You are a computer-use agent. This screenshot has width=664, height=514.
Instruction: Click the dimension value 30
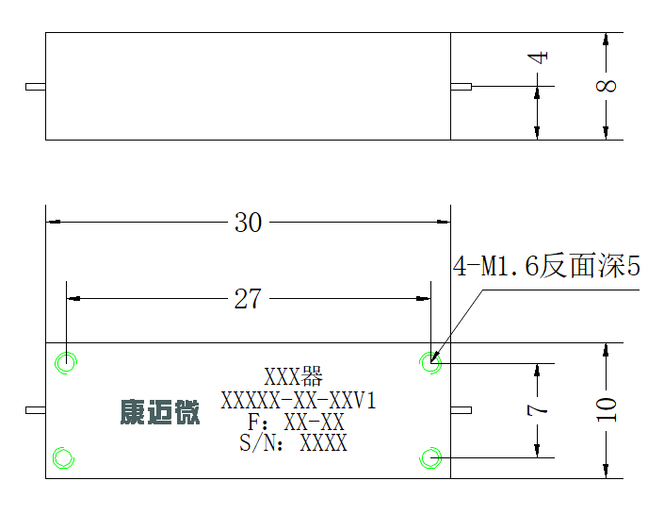click(248, 223)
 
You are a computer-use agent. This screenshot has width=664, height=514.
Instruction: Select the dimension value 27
click(248, 299)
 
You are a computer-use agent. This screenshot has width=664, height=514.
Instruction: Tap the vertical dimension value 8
click(606, 86)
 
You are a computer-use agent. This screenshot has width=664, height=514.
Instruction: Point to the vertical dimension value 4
click(538, 58)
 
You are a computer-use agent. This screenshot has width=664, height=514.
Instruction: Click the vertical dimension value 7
click(538, 410)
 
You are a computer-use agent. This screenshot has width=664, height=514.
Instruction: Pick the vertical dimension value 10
click(606, 409)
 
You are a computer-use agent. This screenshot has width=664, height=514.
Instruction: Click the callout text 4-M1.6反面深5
click(546, 266)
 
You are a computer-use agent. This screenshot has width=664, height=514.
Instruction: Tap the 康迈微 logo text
click(160, 412)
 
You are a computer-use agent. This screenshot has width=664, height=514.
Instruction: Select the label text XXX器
click(294, 376)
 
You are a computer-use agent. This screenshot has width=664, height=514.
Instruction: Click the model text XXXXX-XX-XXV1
click(299, 400)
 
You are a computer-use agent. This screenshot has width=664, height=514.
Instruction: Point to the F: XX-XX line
click(296, 422)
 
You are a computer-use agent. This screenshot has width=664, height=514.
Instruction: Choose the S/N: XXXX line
click(293, 442)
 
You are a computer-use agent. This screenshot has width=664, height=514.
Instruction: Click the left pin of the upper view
click(36, 87)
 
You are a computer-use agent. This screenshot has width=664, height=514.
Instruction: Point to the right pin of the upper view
click(462, 87)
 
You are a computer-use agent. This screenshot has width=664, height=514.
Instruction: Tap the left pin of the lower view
click(36, 410)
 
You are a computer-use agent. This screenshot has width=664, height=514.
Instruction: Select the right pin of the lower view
click(462, 410)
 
